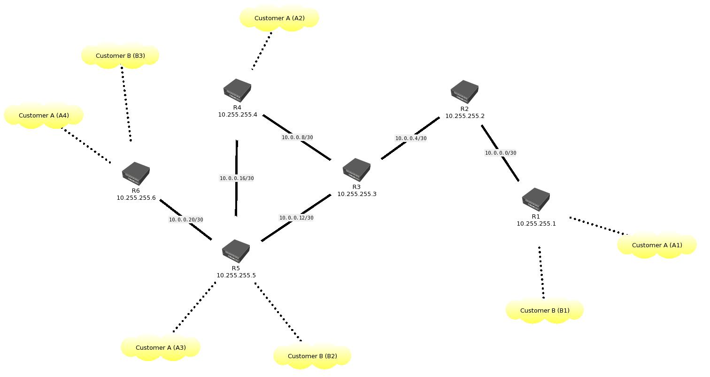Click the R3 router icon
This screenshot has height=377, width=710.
356,170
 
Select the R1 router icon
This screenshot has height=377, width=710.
536,200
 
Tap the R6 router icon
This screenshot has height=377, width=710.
136,174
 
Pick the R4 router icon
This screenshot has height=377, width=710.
237,91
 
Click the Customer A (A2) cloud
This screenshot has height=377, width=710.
279,18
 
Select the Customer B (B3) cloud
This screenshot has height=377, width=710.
120,56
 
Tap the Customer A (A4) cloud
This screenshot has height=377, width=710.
44,116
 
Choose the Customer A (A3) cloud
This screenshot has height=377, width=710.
161,348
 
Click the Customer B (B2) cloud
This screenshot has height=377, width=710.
312,356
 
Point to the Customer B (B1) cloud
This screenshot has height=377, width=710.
545,311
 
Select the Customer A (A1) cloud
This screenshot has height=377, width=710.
657,245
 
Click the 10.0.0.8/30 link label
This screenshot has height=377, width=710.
297,138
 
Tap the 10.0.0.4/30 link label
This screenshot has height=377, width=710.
411,139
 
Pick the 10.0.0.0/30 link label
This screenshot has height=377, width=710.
501,153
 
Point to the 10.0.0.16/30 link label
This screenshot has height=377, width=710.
237,179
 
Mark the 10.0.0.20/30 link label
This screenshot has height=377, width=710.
186,220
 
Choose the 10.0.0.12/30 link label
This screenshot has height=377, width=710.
296,218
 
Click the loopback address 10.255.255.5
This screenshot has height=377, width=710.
236,275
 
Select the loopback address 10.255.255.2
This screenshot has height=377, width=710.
465,116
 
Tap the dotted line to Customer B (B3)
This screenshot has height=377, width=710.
126,103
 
